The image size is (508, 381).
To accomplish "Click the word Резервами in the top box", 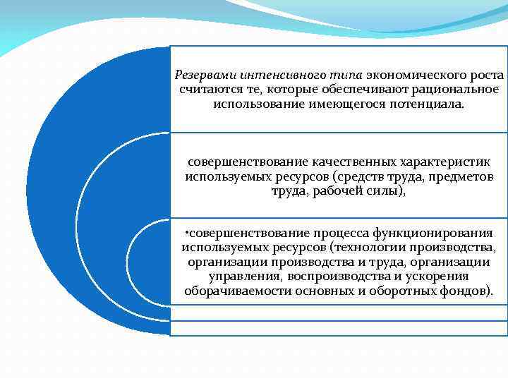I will [x=205, y=75].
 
